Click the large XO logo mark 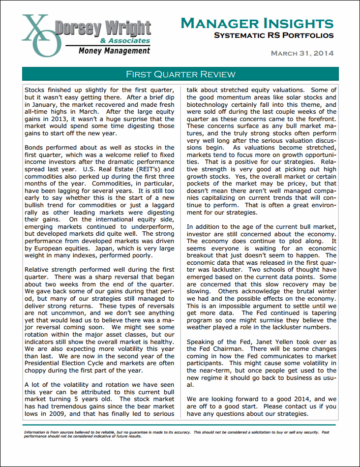tap(42, 34)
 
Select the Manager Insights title tap(257, 23)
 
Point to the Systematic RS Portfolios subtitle tap(274, 35)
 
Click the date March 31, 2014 tap(302, 53)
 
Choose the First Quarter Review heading tap(180, 74)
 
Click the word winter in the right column tap(326, 291)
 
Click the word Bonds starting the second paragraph tap(34, 147)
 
